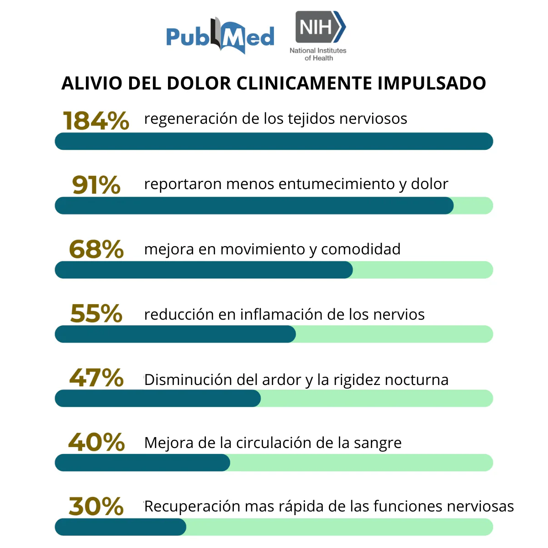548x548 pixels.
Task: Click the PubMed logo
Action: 220,37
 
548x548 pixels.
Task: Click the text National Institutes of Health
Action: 318,54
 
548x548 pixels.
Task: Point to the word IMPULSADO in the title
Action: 432,84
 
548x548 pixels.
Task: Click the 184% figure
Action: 96,121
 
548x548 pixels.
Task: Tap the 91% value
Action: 96,185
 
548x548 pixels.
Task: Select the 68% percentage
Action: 96,249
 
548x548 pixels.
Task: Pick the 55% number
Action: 96,314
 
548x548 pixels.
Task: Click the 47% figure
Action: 96,378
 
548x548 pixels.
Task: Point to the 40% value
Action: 96,443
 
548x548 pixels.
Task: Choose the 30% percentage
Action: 96,506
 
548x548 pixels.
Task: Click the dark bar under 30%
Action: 121,527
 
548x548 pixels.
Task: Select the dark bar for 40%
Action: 142,463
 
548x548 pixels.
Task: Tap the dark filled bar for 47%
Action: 158,399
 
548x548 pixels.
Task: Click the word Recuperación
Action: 192,506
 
